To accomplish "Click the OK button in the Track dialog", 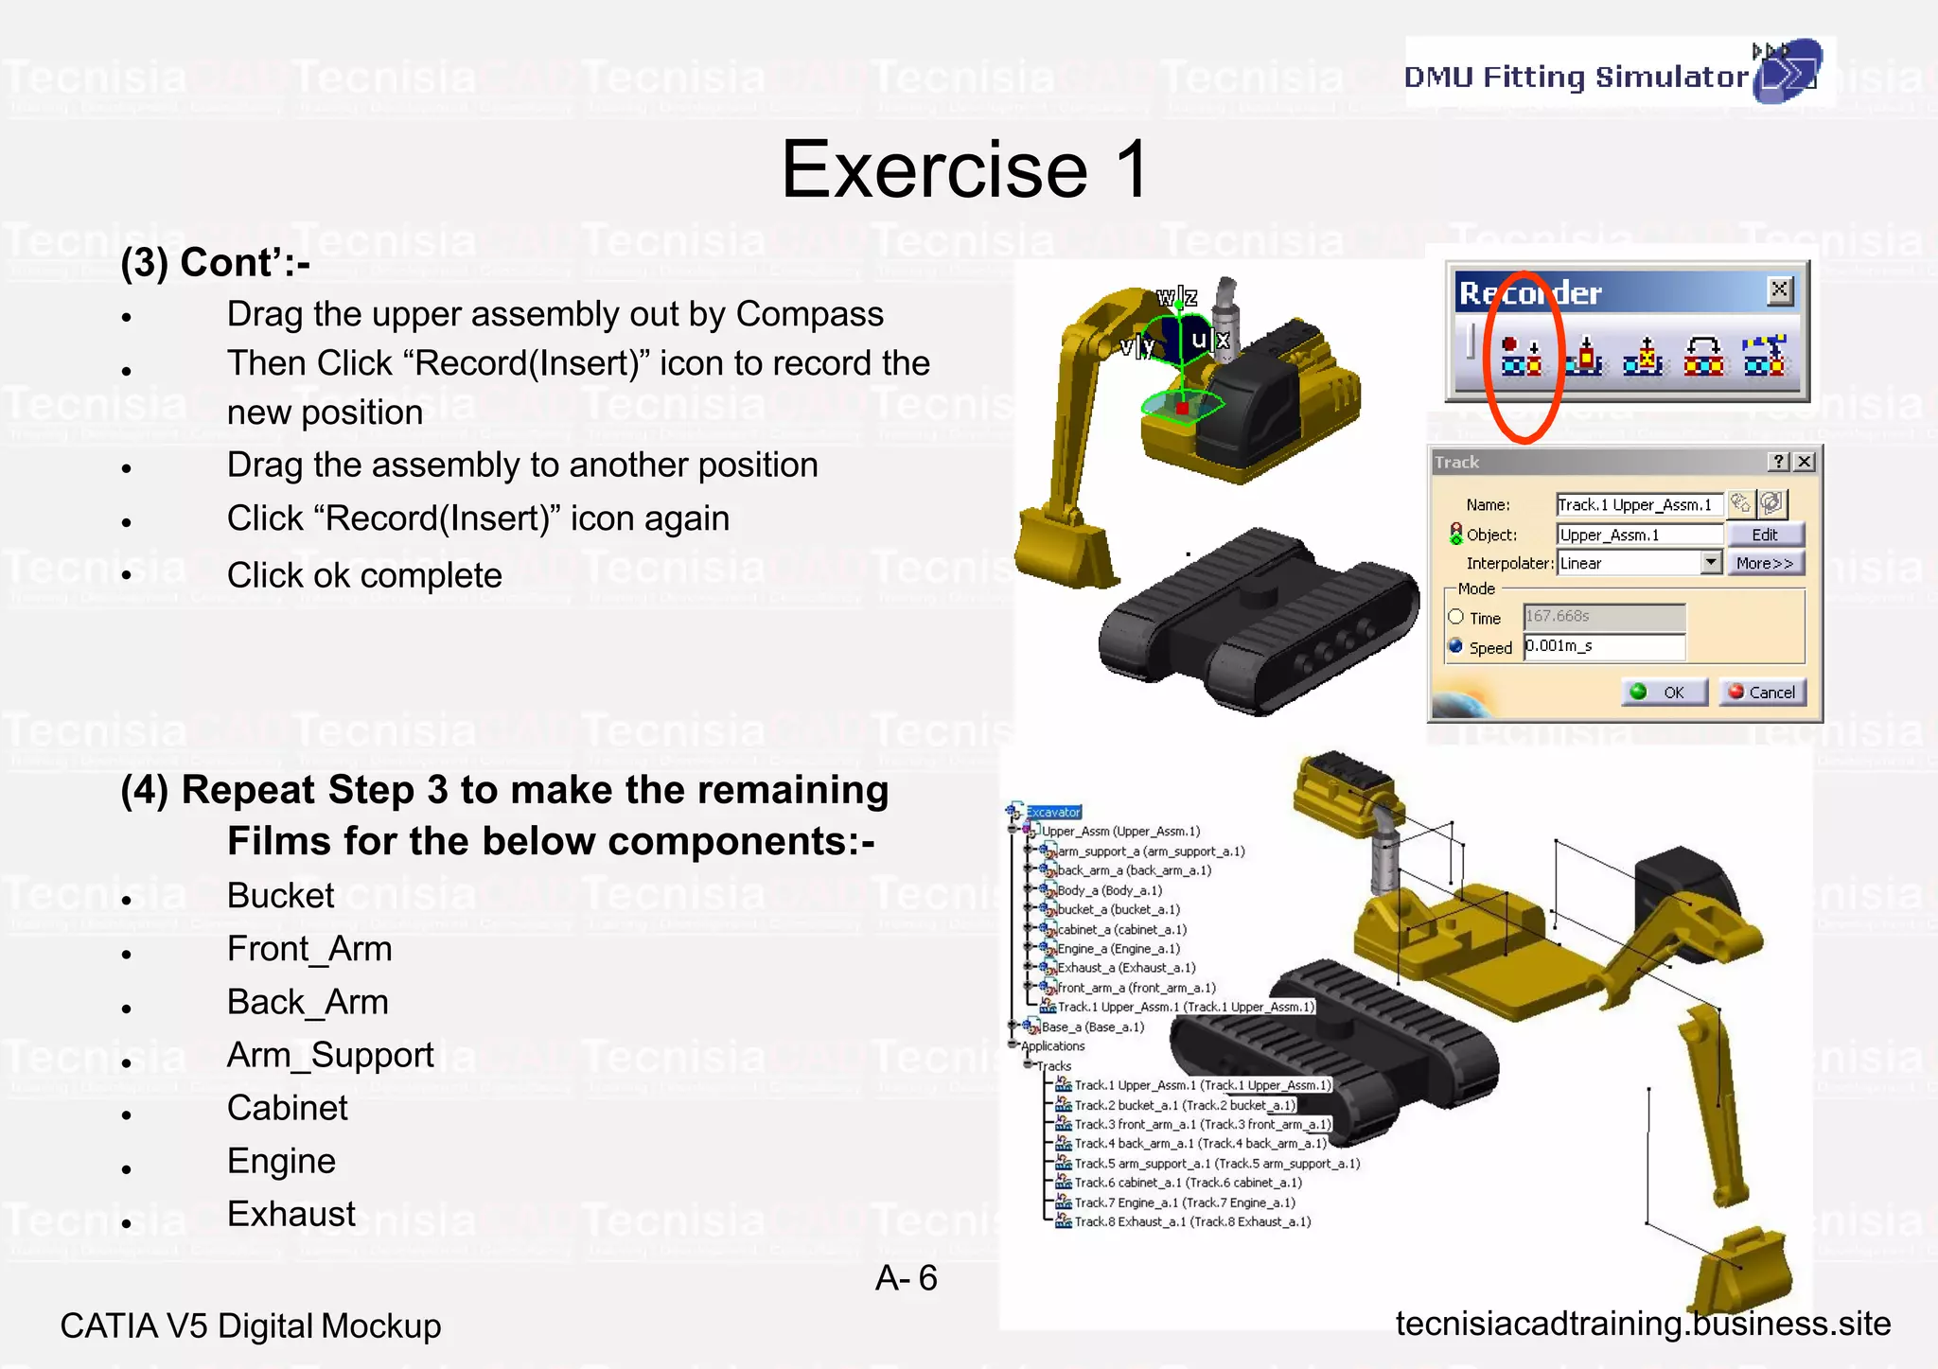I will click(x=1665, y=693).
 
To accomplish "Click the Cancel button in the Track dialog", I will click(x=1762, y=693).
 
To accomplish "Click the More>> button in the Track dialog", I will click(x=1764, y=563).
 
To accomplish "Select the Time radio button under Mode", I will click(x=1456, y=617).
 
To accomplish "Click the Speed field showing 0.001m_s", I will click(x=1603, y=646).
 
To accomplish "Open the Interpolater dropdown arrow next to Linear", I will click(x=1710, y=562).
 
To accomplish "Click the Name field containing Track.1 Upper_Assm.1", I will click(x=1638, y=504).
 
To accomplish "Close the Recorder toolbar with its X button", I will click(x=1779, y=290).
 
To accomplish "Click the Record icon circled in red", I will click(x=1521, y=356).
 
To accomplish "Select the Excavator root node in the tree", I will click(x=1053, y=812).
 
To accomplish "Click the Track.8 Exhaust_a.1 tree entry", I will click(x=1192, y=1221).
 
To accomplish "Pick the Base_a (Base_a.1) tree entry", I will click(x=1092, y=1027).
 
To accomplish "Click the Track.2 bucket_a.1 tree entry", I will click(x=1184, y=1105).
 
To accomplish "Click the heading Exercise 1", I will click(x=964, y=169).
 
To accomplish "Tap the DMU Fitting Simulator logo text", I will click(x=1576, y=77).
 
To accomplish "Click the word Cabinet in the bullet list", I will click(x=288, y=1108).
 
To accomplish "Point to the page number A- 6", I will click(x=906, y=1278).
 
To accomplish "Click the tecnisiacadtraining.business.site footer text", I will click(x=1643, y=1324).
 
